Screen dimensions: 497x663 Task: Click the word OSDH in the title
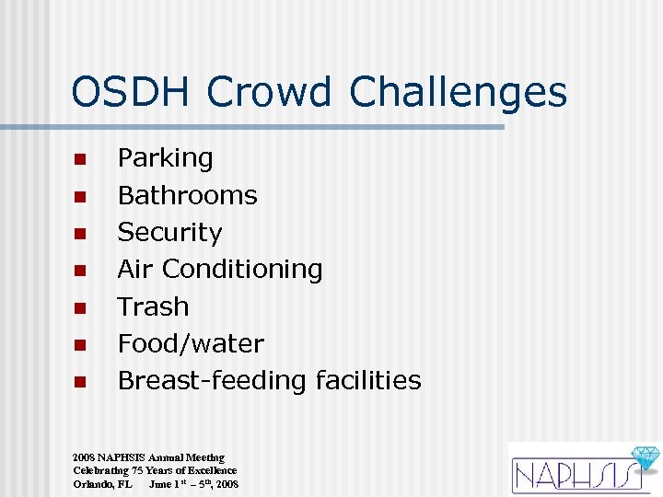point(133,93)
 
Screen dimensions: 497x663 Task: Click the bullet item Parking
point(165,158)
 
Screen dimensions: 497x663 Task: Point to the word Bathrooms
point(187,195)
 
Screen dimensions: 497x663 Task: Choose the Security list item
point(169,232)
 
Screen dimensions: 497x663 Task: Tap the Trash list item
point(153,306)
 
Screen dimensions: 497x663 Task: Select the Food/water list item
point(191,343)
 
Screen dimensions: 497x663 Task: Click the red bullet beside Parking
point(80,159)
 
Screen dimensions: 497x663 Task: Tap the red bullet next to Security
point(80,234)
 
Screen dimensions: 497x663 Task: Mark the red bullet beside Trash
point(80,307)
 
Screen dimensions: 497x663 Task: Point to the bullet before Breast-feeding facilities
point(80,381)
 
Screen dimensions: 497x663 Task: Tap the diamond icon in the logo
point(642,457)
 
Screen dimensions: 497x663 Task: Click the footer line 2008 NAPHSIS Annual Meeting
point(148,457)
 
